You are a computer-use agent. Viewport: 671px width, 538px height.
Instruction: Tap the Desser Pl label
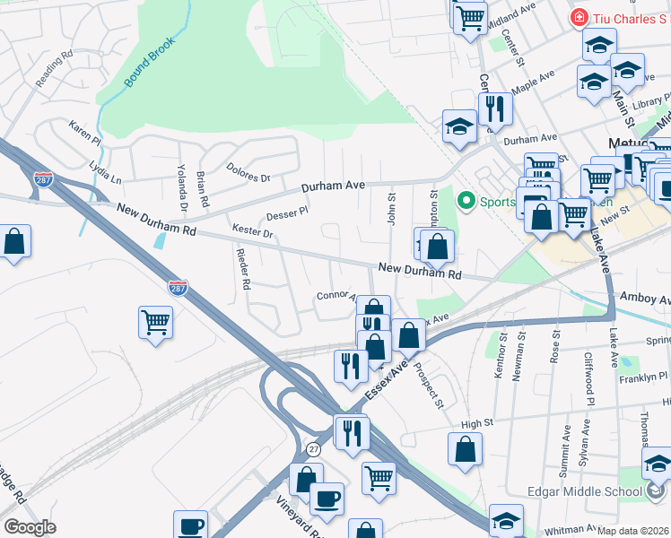pos(287,214)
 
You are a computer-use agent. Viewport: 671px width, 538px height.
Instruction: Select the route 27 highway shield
pos(313,447)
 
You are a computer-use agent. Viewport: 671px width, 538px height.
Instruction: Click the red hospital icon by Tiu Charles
pos(579,18)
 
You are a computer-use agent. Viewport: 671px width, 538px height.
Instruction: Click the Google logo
pos(30,527)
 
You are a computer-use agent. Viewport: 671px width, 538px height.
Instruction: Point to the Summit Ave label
pos(565,446)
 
